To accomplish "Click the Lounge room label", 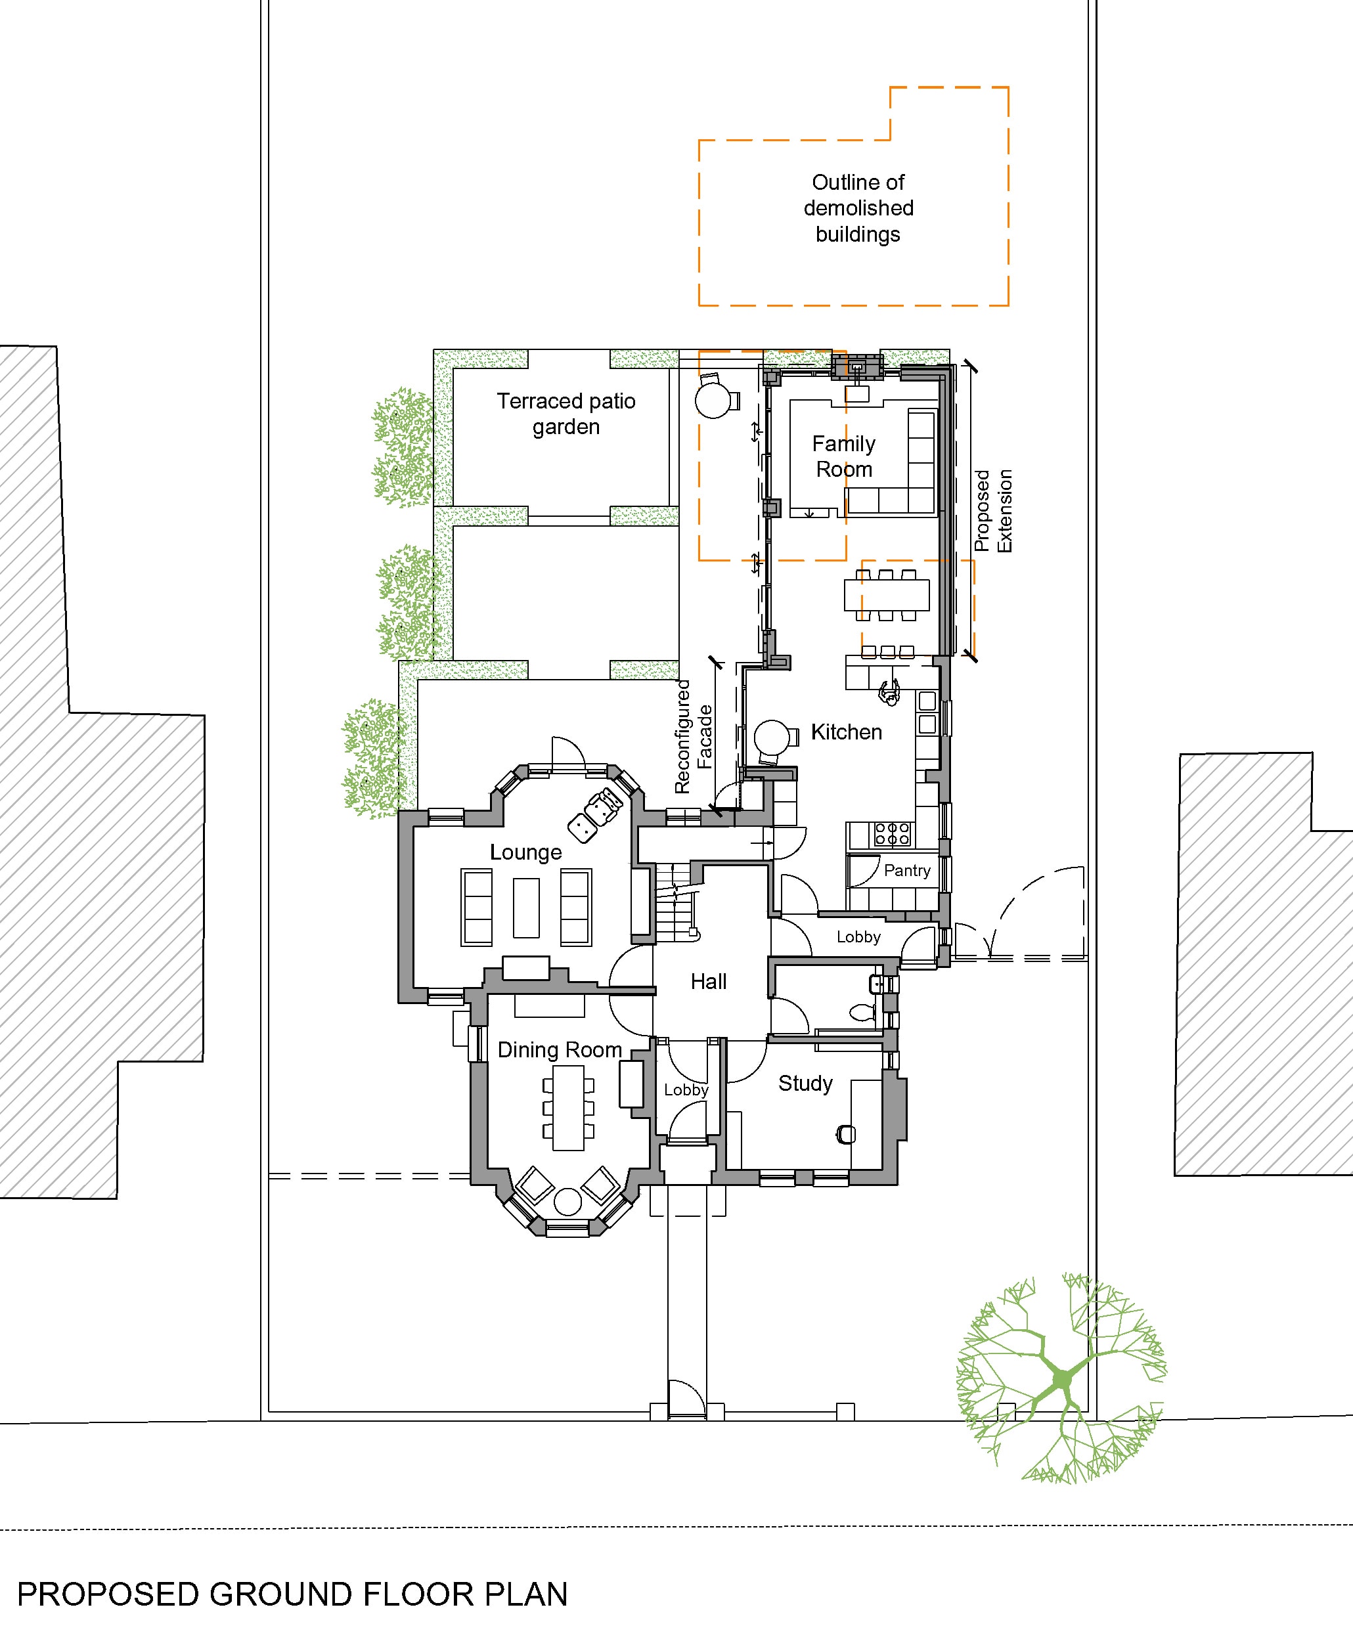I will coord(525,852).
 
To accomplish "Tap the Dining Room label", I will coord(559,1050).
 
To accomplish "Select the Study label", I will coord(805,1084).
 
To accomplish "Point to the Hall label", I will coord(707,982).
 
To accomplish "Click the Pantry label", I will coord(906,870).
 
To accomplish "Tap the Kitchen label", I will coord(846,732).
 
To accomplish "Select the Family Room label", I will coord(843,456).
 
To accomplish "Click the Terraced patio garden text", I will coord(566,414).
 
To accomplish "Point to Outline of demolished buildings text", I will coord(857,208).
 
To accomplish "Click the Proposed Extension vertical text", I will coord(993,511).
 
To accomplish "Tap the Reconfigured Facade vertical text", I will coord(693,736).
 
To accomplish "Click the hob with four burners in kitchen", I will coord(892,833).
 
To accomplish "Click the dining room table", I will coord(568,1107).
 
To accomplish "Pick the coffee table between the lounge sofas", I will coord(526,908).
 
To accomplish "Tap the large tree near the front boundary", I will coord(1061,1380).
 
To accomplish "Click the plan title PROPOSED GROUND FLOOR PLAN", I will coord(292,1595).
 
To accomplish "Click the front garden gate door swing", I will coord(686,1399).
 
